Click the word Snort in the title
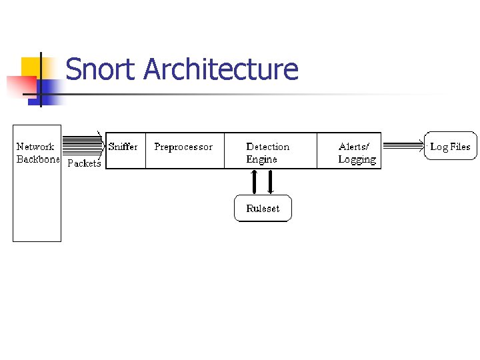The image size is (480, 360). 101,69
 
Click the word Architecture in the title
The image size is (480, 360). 221,69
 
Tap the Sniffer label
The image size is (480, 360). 123,147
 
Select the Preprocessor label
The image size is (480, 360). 183,147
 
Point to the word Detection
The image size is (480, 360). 268,147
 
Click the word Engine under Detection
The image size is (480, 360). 261,160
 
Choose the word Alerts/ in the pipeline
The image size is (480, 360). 354,147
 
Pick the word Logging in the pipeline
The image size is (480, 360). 357,160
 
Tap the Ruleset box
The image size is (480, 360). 263,208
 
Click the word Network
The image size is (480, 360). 35,147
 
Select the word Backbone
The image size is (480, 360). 38,160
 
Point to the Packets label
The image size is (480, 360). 84,163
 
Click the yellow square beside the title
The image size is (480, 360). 32,67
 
